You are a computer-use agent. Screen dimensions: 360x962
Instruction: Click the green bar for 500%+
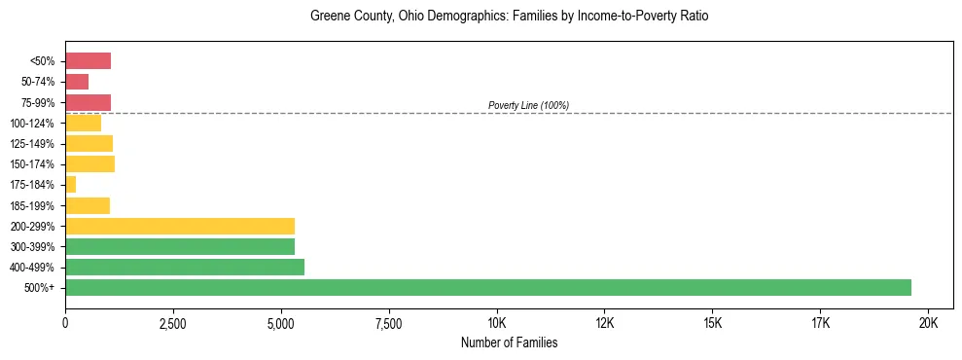[487, 287]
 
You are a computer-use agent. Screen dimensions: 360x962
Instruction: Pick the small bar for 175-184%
[70, 184]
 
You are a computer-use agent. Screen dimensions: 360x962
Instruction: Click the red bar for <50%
[88, 61]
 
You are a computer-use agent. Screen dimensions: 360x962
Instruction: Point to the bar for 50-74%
[77, 82]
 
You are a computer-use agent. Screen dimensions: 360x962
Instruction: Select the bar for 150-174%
[89, 163]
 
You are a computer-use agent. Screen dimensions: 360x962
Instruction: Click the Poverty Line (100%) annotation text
[528, 105]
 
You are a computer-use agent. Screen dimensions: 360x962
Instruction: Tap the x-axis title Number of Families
[509, 342]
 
